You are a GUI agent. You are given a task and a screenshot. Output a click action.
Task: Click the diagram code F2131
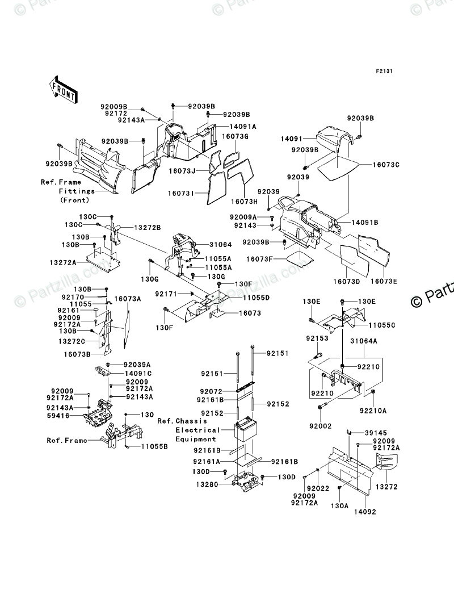pos(384,72)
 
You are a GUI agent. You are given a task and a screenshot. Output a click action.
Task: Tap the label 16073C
pos(386,164)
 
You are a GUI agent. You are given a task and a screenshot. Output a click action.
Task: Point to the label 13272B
pos(148,227)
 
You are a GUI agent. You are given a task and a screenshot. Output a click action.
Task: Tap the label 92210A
pos(372,410)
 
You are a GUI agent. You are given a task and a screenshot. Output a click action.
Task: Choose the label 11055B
pos(154,447)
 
